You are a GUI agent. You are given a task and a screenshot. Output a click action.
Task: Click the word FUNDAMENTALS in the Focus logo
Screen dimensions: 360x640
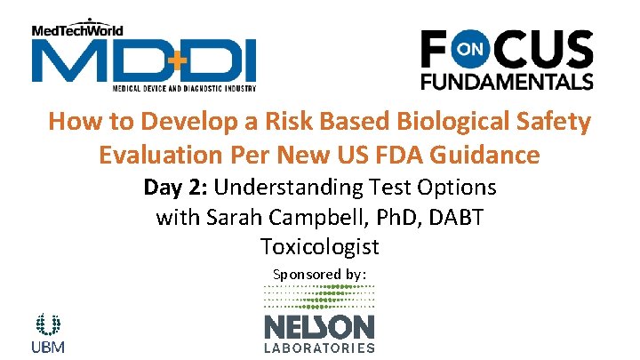coord(506,81)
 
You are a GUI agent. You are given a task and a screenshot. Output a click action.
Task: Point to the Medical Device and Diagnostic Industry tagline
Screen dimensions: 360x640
coord(184,89)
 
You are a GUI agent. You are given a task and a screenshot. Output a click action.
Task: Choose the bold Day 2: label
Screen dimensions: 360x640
coord(176,188)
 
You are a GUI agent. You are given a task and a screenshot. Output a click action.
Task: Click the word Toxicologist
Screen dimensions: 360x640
coord(319,246)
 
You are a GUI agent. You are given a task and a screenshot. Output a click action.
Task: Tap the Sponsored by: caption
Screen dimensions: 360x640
coord(319,275)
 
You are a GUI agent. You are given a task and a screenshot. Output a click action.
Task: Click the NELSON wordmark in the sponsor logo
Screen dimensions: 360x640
coord(319,325)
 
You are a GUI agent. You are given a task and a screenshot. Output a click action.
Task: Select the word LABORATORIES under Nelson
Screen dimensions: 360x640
coord(319,348)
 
